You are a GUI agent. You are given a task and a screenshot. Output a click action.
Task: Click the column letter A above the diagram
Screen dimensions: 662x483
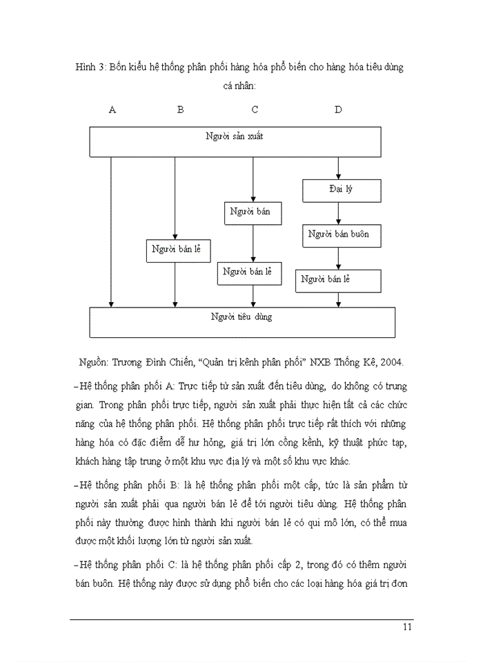tap(112, 109)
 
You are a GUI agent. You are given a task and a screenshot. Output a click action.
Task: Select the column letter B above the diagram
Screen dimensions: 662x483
tap(180, 109)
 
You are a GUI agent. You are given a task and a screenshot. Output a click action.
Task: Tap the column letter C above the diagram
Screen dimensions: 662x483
tap(255, 109)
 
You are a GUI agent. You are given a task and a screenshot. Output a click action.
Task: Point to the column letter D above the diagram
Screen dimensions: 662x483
tap(337, 109)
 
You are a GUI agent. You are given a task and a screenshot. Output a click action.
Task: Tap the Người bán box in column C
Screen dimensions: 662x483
tap(253, 212)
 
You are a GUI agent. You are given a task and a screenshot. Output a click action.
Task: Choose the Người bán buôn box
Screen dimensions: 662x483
tap(338, 234)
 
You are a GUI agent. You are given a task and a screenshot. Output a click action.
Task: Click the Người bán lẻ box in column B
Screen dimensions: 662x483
tap(177, 250)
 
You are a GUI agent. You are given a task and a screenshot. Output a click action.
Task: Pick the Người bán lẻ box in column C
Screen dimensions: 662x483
tap(249, 272)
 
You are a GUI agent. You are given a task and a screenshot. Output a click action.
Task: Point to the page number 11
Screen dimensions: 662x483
tap(406, 626)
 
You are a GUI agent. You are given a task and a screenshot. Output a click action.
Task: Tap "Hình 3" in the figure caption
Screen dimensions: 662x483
tap(91, 68)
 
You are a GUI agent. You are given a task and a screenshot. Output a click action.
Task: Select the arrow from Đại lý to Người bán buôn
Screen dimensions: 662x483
tap(338, 212)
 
